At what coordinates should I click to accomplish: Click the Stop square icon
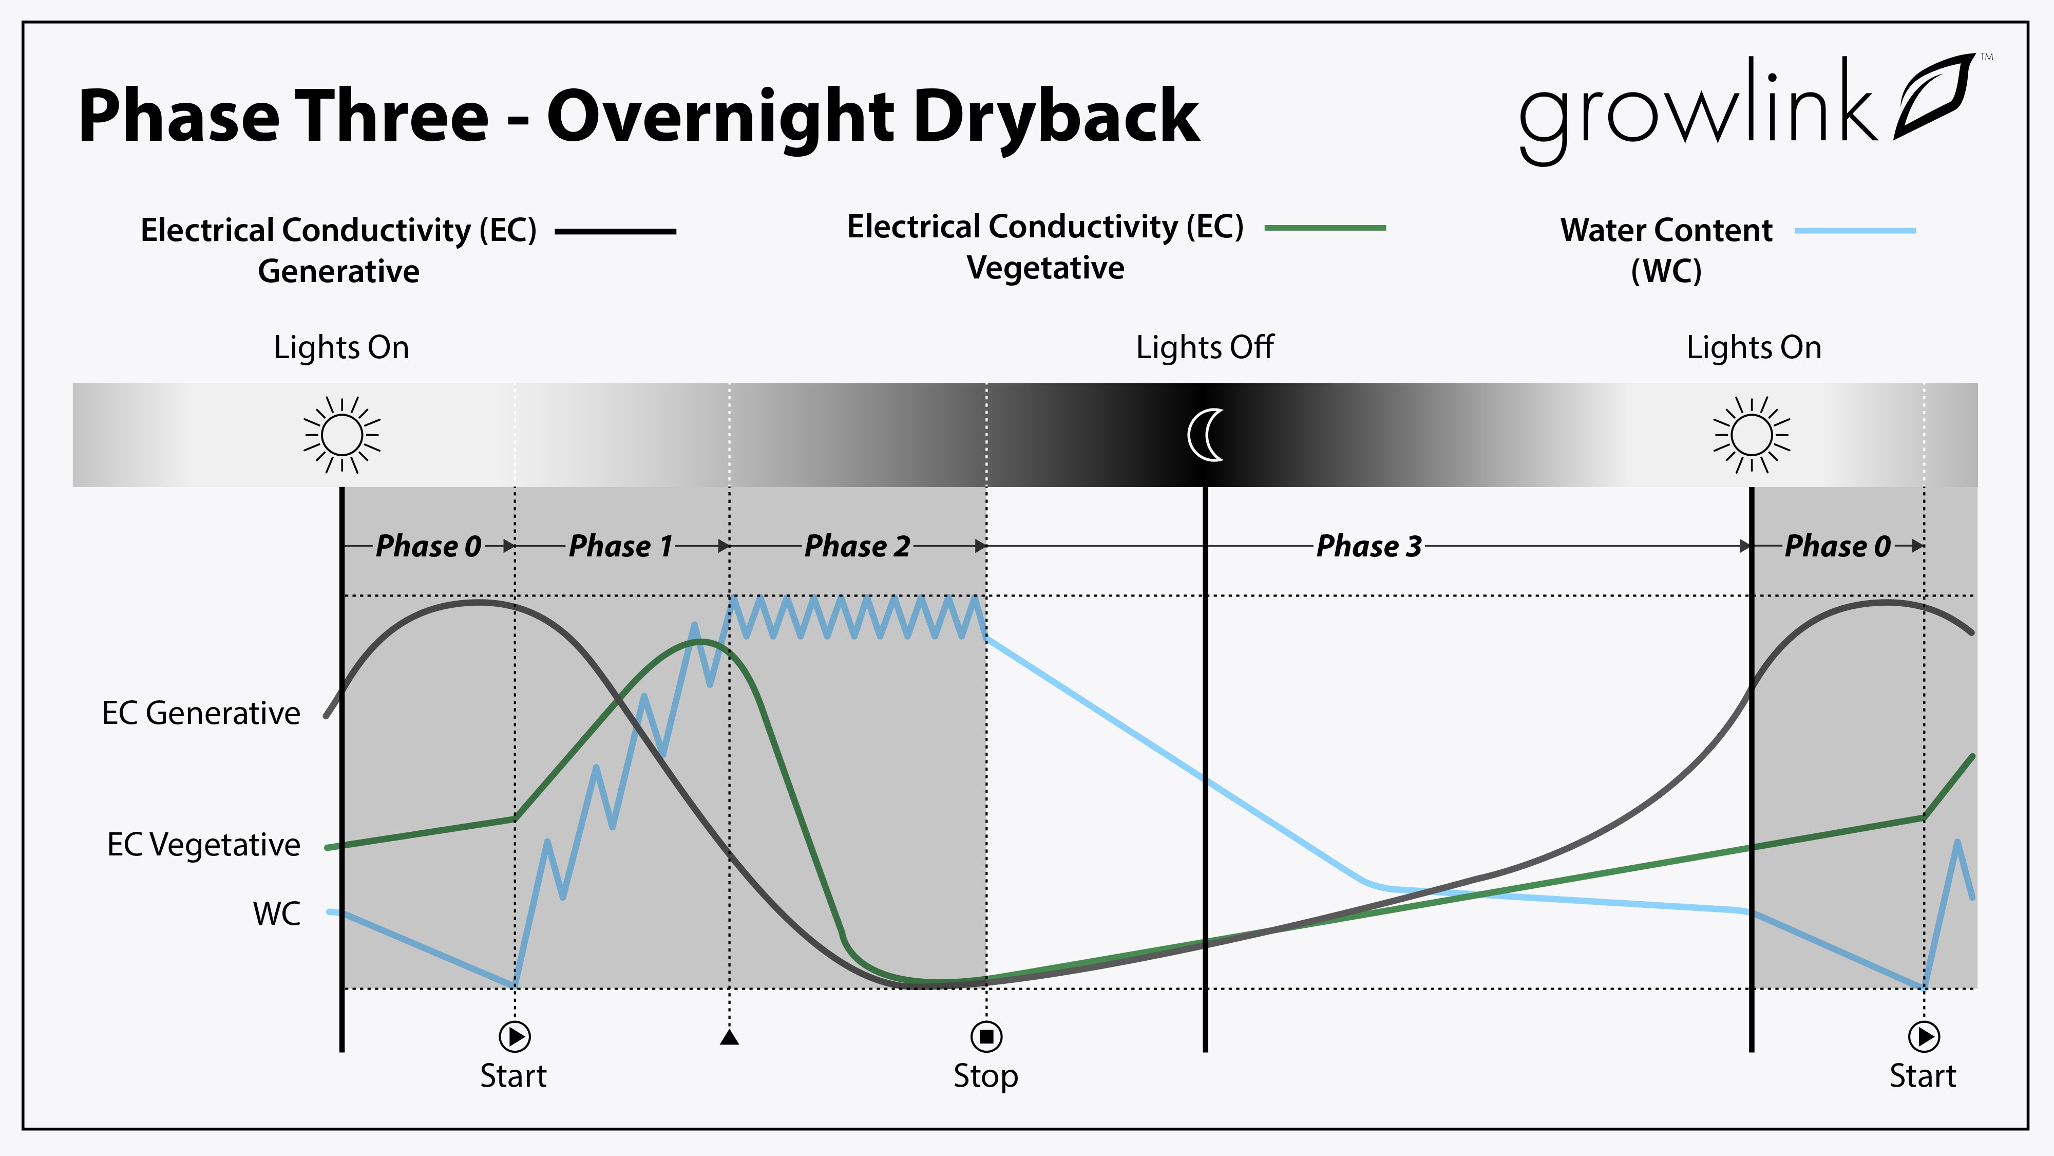click(x=986, y=1036)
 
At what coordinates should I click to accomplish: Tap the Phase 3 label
click(x=1369, y=547)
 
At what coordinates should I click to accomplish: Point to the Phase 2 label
click(x=857, y=547)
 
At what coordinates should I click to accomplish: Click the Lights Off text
click(x=1205, y=348)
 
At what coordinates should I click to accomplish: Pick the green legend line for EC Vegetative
click(x=1325, y=228)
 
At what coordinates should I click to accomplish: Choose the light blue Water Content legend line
click(x=1855, y=231)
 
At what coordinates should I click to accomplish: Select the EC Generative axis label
click(x=201, y=713)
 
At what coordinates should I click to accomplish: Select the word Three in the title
click(x=391, y=117)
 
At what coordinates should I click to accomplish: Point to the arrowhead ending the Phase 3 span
click(x=1745, y=547)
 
